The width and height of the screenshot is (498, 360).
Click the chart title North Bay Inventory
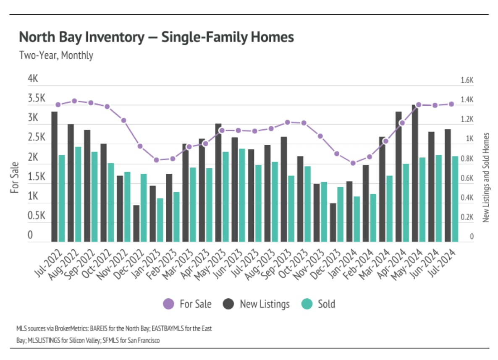[156, 37]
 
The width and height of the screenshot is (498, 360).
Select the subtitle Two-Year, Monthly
[56, 55]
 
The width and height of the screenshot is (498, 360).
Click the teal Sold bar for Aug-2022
[78, 194]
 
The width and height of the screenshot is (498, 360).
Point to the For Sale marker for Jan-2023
[156, 160]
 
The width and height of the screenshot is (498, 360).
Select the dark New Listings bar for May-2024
[415, 173]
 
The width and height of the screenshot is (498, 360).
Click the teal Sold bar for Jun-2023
[242, 195]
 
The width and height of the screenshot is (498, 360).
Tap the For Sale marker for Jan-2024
[353, 163]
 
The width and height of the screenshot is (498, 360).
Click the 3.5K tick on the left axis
[36, 99]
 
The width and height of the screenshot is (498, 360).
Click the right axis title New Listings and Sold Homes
[486, 177]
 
